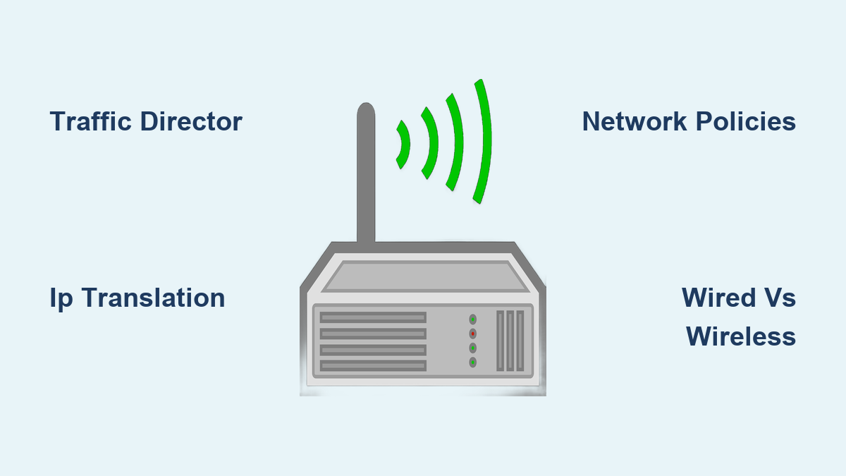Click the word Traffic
tap(91, 122)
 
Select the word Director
tap(191, 122)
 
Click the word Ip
tap(61, 298)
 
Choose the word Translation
tap(153, 298)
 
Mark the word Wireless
tap(741, 336)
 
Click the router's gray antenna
tap(366, 176)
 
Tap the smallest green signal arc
tap(404, 145)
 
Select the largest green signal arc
tap(483, 141)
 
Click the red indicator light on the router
tap(473, 334)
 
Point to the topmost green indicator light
tap(473, 319)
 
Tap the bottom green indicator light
tap(473, 362)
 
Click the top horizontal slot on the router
tap(373, 318)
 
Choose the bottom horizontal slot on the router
tap(373, 365)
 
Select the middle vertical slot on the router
tap(510, 341)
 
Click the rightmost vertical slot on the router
tap(520, 341)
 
